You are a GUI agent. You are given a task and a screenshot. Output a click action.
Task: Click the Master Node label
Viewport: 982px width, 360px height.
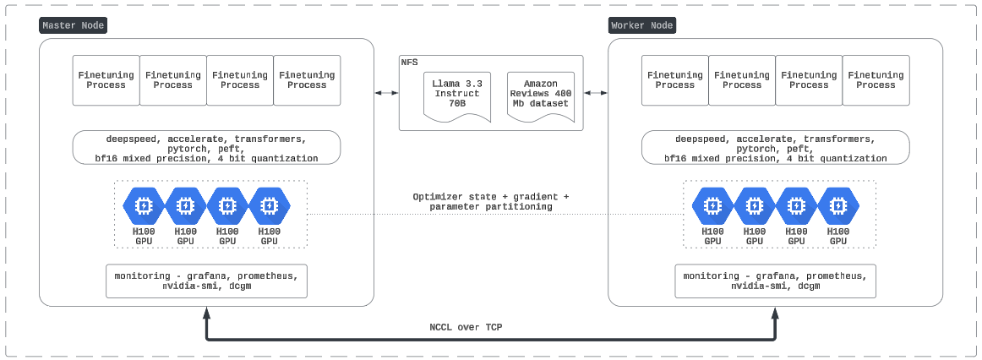tap(74, 25)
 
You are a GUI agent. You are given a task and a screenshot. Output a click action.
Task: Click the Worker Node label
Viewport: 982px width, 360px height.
tap(642, 25)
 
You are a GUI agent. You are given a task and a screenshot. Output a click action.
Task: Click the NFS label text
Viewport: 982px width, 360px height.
tap(409, 62)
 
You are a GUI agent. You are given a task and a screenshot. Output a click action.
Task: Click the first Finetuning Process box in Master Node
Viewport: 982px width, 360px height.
tap(106, 80)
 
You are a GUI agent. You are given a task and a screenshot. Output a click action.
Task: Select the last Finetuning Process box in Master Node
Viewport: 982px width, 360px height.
tap(307, 80)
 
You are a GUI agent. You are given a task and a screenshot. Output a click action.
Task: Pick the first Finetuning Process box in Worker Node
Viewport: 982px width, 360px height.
tap(675, 80)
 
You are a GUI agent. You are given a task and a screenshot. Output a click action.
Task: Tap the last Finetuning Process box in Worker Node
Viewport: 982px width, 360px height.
tap(876, 80)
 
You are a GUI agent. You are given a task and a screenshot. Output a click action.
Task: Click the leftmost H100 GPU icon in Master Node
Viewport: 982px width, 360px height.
tap(144, 205)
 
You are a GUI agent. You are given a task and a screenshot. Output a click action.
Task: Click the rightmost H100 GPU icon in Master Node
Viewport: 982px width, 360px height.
tap(269, 205)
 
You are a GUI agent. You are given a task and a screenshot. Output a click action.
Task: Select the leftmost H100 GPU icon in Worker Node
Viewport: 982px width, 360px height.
tap(713, 205)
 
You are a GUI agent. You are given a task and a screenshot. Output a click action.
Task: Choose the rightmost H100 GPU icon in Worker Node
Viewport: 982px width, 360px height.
tap(837, 205)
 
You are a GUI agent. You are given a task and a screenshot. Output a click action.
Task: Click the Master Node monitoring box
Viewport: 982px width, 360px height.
tap(206, 281)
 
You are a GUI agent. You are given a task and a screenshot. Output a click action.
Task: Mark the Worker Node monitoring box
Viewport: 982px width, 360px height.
tap(775, 281)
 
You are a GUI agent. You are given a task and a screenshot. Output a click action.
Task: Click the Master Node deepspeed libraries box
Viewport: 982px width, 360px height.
tap(206, 148)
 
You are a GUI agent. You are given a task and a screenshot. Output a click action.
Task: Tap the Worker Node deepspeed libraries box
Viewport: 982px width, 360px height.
tap(775, 148)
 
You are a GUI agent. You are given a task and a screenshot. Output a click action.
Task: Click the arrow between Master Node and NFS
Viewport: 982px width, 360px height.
tap(387, 92)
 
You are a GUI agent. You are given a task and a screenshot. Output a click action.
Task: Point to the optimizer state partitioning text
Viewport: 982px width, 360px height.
tap(491, 201)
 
